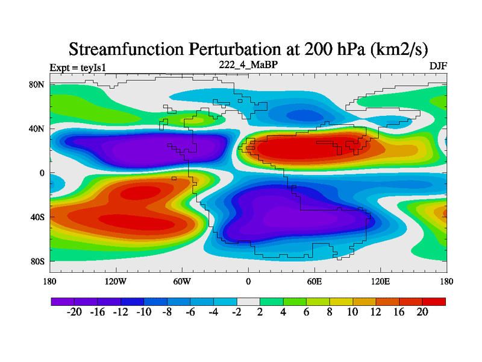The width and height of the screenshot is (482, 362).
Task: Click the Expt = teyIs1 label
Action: tap(78, 68)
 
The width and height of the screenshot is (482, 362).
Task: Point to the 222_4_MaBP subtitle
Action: tap(248, 63)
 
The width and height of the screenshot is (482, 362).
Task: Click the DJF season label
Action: tap(438, 65)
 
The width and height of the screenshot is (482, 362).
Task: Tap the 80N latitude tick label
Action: tap(37, 84)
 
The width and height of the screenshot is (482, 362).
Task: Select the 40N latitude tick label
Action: tap(37, 129)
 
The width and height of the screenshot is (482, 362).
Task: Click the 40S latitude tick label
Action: tap(37, 217)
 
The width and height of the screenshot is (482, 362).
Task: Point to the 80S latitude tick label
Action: tap(37, 261)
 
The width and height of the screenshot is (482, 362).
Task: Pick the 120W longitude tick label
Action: tap(116, 282)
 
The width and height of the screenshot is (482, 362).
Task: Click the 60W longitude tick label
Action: tap(182, 282)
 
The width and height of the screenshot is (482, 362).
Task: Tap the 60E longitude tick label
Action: tap(315, 282)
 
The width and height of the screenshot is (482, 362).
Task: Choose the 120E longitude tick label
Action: tap(380, 282)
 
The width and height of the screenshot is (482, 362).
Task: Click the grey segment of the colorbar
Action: tap(248, 301)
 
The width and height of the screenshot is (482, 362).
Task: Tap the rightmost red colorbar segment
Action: tap(434, 301)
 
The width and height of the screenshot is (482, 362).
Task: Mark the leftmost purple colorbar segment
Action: tap(63, 301)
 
